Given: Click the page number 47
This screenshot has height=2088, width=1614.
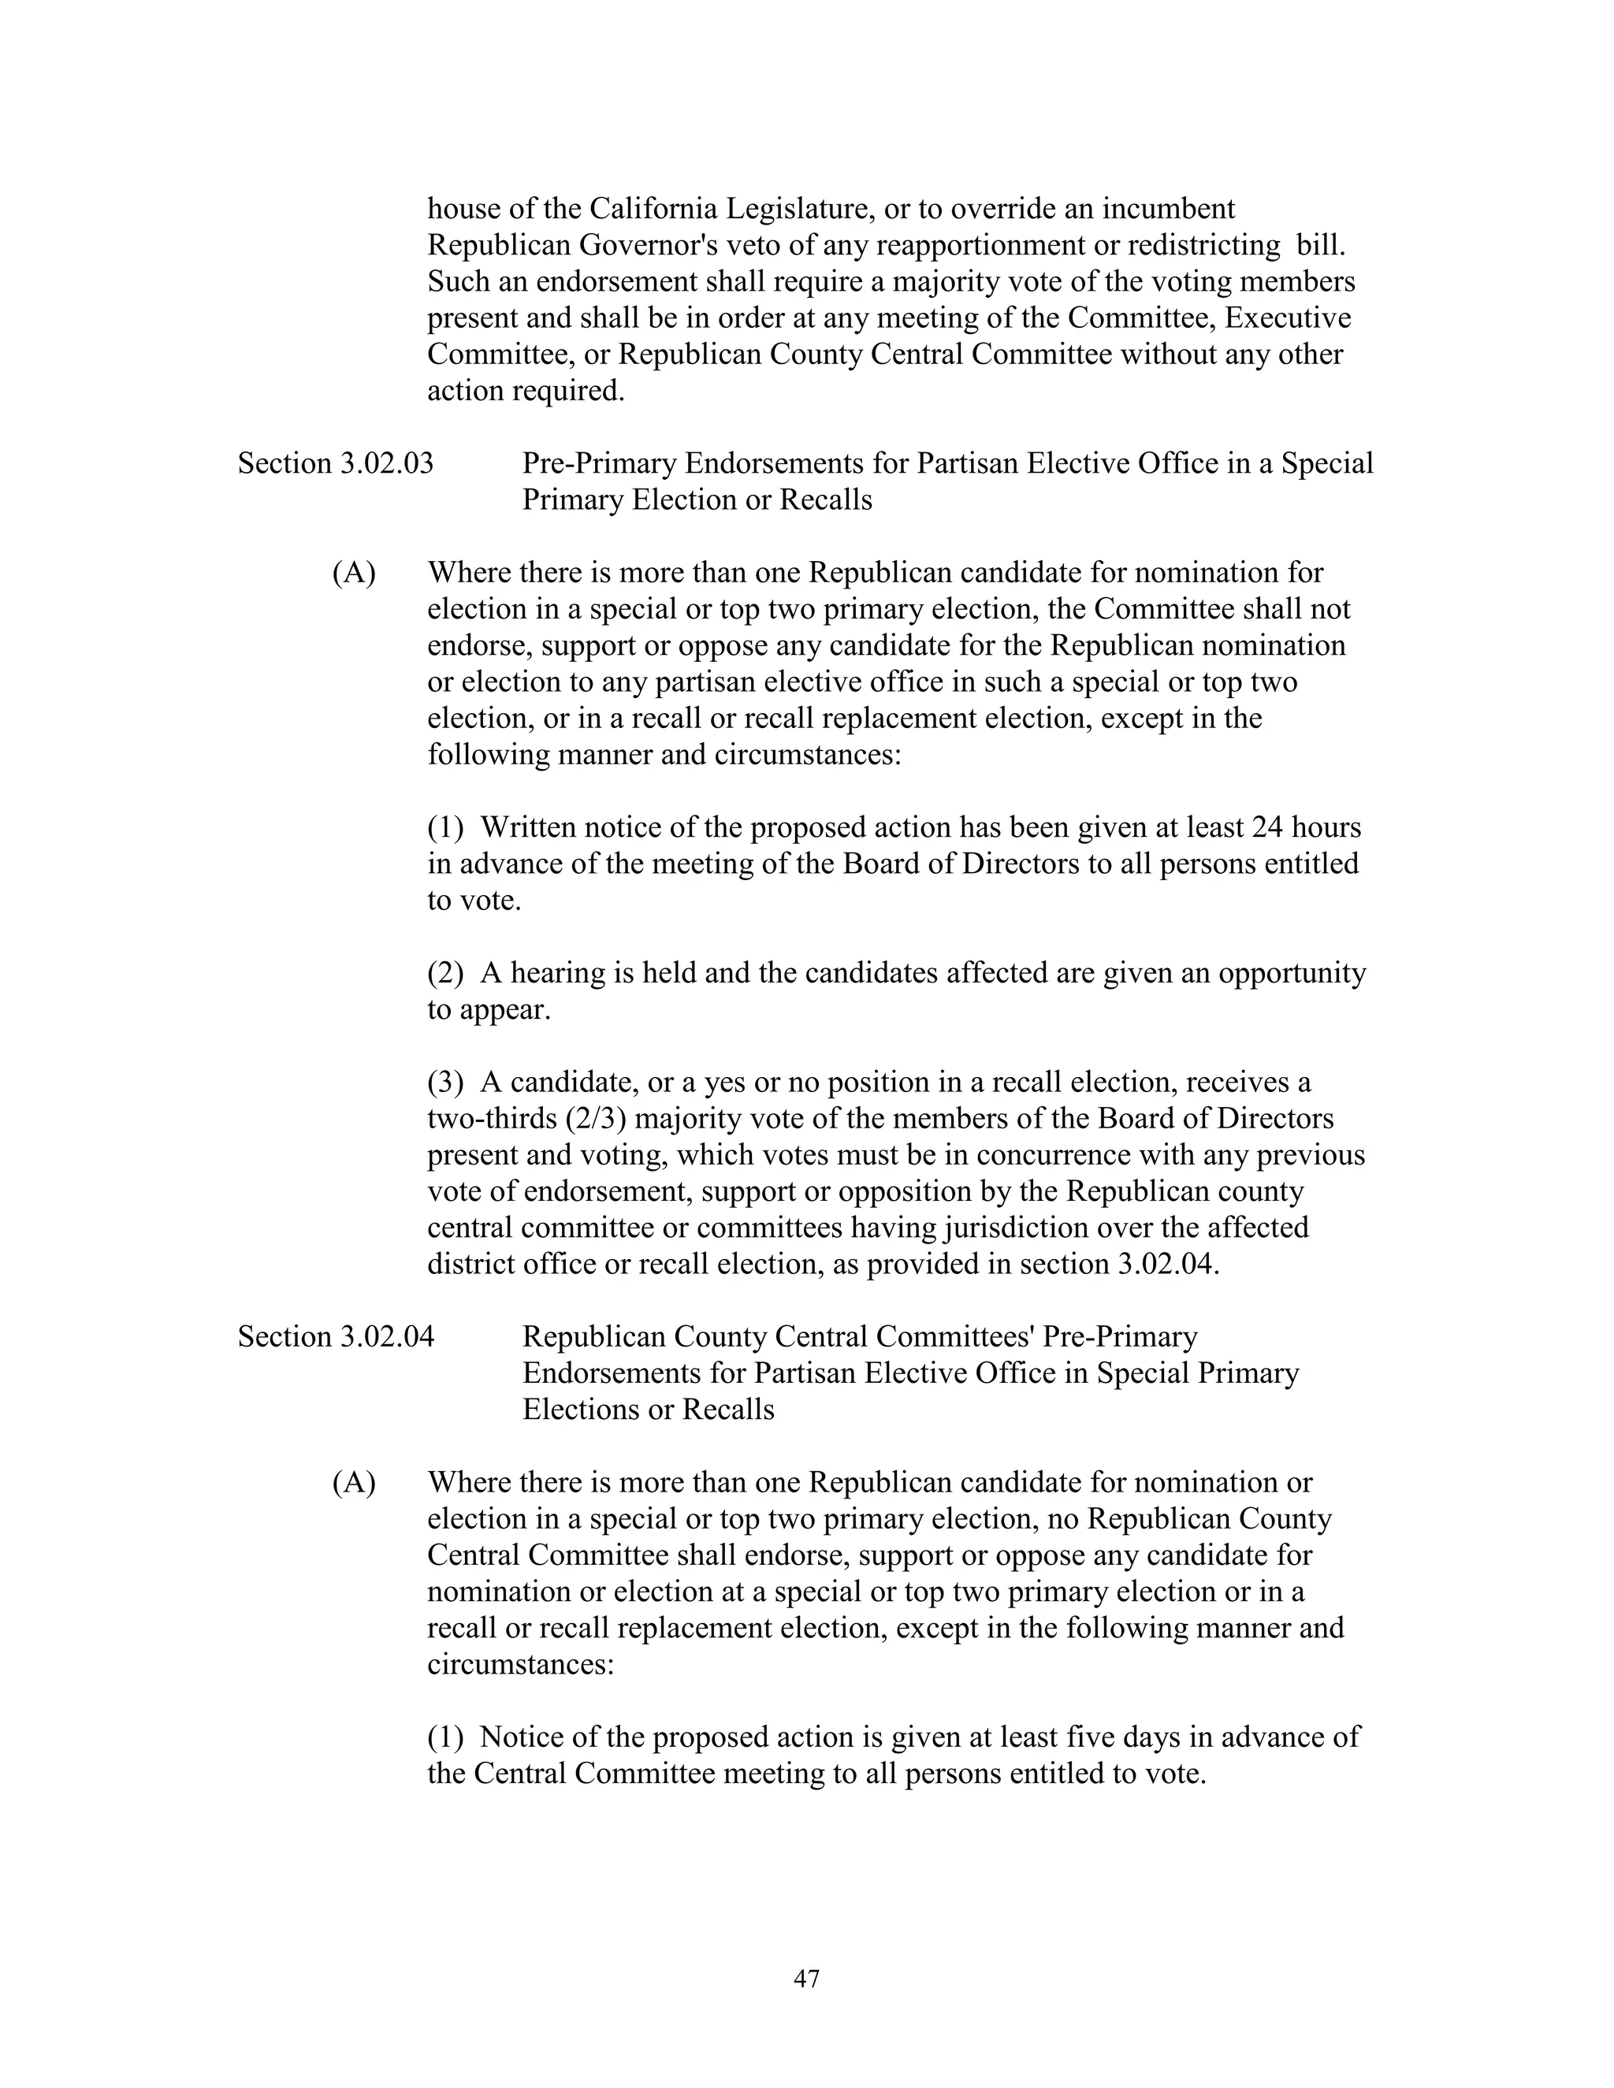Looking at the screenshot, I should pos(806,1978).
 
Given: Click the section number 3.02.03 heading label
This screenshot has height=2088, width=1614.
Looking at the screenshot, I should pos(385,463).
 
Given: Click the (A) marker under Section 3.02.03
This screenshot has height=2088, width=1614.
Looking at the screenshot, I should pos(353,573).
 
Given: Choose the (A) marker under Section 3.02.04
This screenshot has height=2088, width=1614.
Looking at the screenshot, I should pos(353,1483).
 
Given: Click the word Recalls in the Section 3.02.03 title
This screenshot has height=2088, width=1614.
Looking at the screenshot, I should pos(825,500).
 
